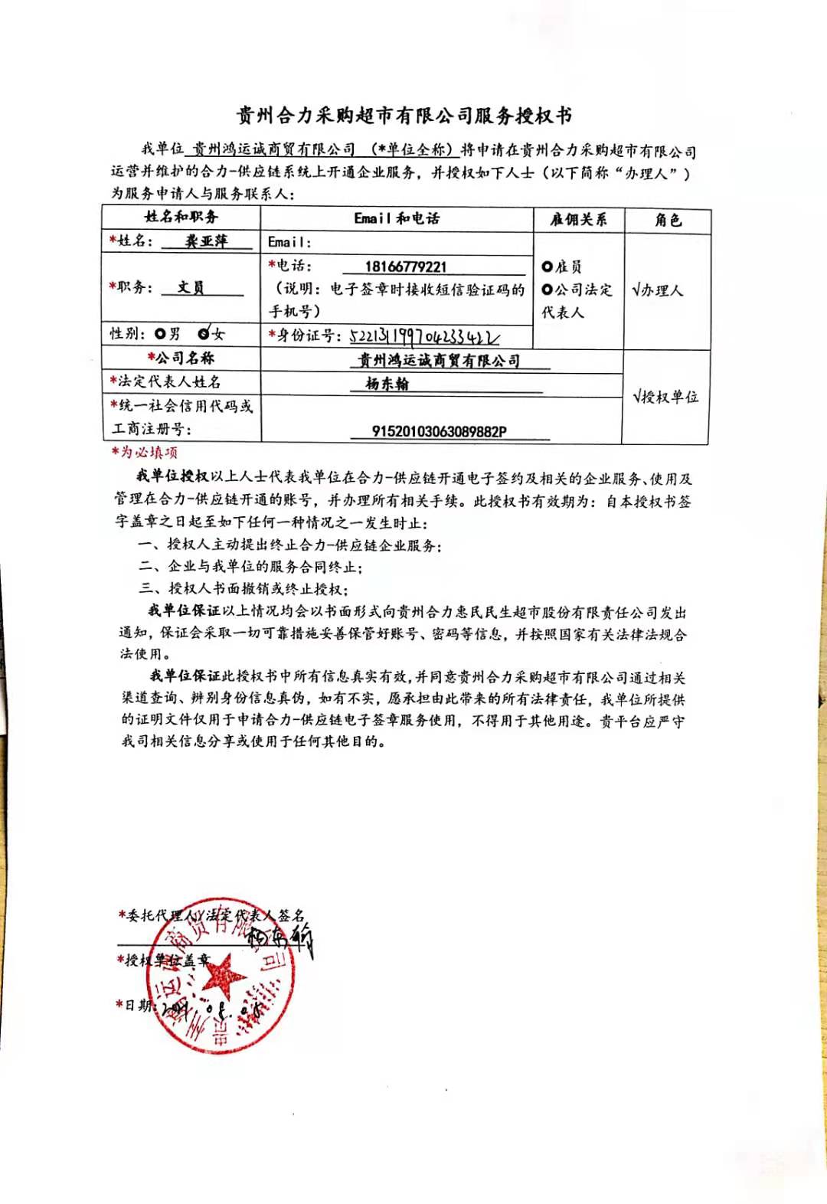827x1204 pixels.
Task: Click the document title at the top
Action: point(404,116)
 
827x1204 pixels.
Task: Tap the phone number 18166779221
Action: point(405,267)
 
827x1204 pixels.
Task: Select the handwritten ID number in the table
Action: point(425,336)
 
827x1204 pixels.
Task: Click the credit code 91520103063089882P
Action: point(439,431)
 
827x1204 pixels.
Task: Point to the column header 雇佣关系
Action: point(578,220)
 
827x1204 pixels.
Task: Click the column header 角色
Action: point(668,221)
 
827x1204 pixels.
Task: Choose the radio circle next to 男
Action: point(160,333)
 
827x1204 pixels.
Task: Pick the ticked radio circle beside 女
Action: point(204,333)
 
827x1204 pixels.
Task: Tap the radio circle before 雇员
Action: point(547,267)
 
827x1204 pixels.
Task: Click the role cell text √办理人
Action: point(657,290)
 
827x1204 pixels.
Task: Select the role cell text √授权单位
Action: point(665,397)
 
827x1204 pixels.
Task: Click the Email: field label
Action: point(289,242)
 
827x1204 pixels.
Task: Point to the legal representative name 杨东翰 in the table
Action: point(387,384)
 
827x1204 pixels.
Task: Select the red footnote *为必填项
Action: point(145,452)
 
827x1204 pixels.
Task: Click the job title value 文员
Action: point(191,287)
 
